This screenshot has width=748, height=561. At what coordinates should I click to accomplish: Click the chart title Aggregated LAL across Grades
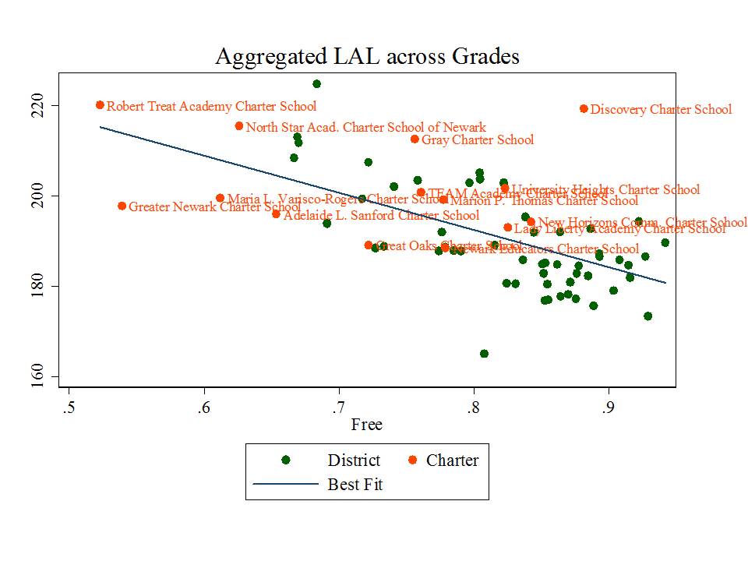[x=366, y=57]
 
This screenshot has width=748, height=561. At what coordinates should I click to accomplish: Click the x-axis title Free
[x=366, y=425]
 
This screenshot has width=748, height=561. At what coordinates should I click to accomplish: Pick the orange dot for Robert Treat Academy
[x=100, y=105]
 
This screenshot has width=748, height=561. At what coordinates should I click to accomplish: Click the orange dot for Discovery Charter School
[x=584, y=109]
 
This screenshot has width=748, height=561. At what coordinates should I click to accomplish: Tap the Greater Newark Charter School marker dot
[x=122, y=206]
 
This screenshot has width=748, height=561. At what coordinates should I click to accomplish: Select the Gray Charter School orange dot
[x=415, y=139]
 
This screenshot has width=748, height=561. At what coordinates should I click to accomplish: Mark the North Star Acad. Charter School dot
[x=239, y=126]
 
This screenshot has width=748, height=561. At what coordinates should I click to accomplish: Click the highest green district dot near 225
[x=316, y=84]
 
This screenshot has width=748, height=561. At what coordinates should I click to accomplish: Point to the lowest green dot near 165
[x=484, y=354]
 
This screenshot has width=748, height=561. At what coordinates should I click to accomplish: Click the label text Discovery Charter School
[x=661, y=110]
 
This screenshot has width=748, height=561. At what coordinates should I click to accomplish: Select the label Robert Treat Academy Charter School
[x=211, y=106]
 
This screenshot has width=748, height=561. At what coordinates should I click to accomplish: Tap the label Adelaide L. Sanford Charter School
[x=381, y=215]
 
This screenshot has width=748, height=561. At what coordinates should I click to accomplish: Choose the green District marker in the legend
[x=286, y=460]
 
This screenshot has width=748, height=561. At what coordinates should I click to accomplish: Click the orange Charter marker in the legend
[x=413, y=460]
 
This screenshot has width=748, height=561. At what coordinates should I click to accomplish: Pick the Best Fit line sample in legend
[x=285, y=485]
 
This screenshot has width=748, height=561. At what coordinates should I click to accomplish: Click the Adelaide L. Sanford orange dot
[x=276, y=213]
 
